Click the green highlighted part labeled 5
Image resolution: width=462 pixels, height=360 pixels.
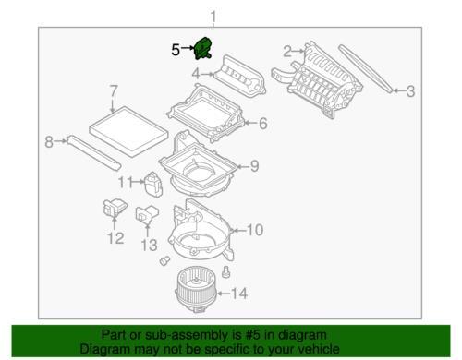[203, 48]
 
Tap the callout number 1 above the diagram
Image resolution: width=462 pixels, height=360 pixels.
[213, 17]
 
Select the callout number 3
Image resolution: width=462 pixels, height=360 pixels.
[410, 91]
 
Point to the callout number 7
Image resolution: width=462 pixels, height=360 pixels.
[114, 91]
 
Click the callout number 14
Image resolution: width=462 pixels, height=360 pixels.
[239, 294]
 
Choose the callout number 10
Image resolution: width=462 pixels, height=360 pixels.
[255, 230]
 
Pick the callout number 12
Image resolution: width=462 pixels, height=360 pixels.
[115, 238]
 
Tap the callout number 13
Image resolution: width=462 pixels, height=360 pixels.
[150, 246]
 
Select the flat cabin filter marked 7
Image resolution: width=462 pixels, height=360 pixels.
[128, 132]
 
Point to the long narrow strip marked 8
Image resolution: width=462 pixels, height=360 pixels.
[94, 152]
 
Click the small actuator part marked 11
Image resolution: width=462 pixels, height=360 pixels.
[153, 184]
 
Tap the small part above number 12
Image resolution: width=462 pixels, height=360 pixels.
[115, 208]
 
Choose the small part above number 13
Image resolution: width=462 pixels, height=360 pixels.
[147, 213]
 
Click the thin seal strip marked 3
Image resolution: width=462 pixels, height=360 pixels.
[366, 68]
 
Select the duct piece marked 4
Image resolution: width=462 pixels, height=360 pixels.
[239, 75]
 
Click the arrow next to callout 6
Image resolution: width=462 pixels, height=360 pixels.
[250, 124]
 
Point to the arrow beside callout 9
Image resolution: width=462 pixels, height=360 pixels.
[243, 167]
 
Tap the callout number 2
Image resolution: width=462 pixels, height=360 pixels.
[287, 52]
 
